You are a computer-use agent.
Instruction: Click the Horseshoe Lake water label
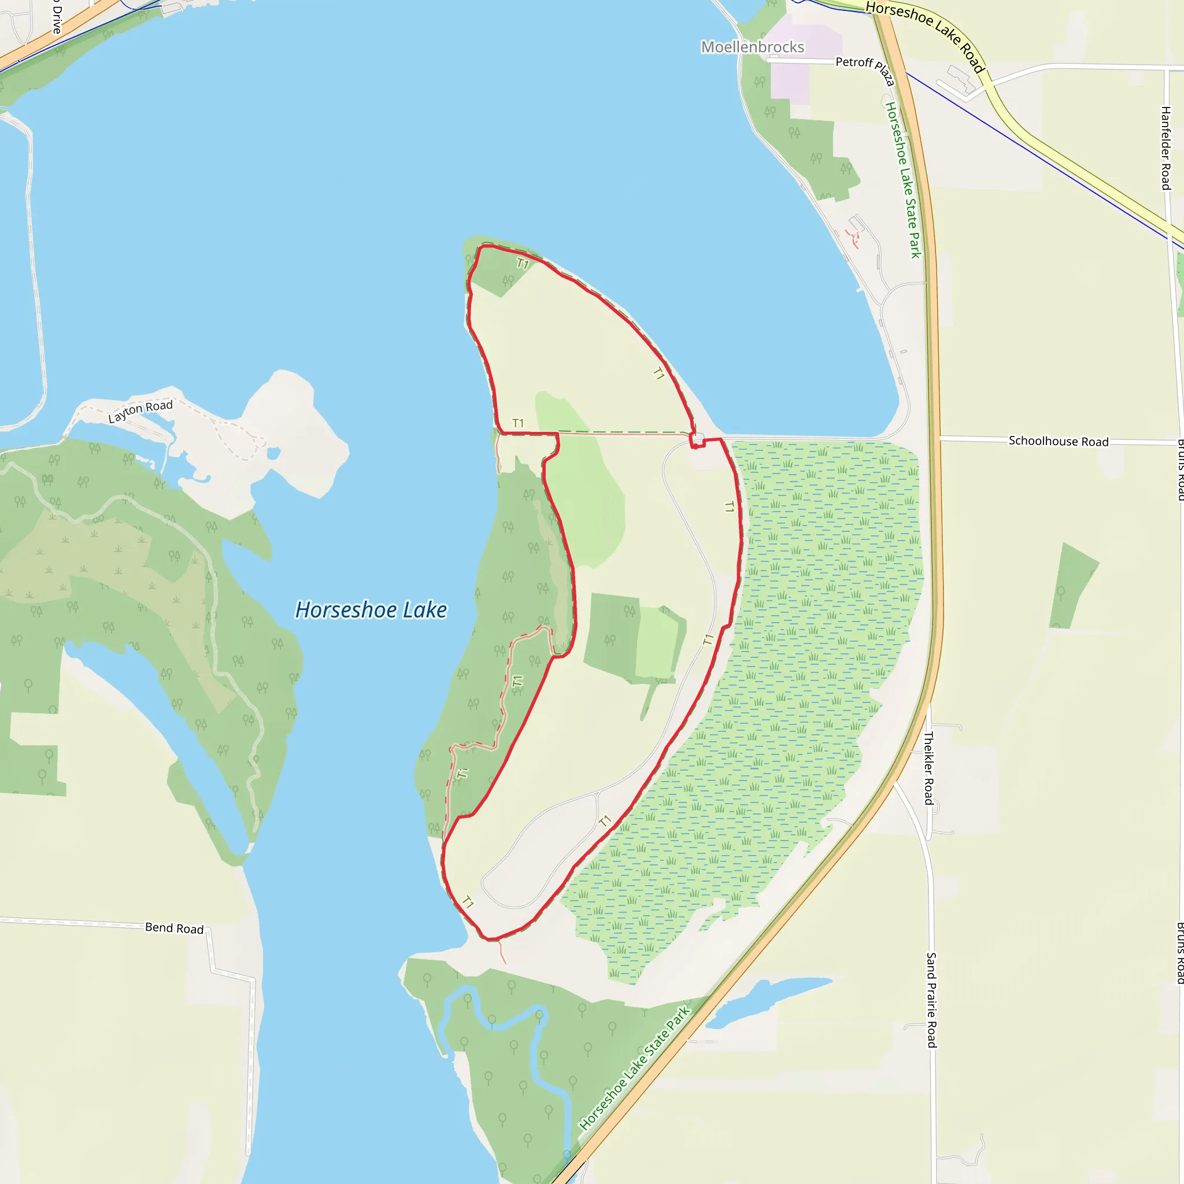click(371, 610)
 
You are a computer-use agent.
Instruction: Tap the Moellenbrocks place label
click(752, 47)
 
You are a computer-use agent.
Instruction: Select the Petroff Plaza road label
click(865, 69)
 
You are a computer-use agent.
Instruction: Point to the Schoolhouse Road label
click(1059, 441)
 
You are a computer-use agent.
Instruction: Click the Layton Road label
click(140, 411)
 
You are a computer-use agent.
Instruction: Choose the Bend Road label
click(174, 928)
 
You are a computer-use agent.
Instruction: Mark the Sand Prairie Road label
click(931, 1000)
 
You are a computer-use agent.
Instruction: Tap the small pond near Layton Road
click(273, 453)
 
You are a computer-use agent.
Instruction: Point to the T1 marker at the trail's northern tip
click(522, 264)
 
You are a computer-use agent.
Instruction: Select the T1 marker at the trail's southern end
click(468, 902)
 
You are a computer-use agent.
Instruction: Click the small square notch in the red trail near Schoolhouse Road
click(697, 441)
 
